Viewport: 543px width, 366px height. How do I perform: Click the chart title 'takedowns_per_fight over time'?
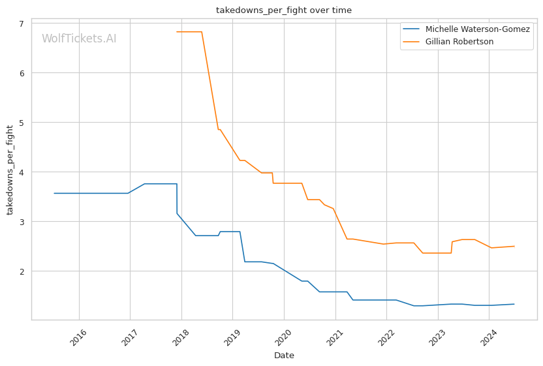284,10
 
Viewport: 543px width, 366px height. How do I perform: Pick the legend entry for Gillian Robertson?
459,42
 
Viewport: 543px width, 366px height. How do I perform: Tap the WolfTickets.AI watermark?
79,38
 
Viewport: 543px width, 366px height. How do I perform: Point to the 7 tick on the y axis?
22,23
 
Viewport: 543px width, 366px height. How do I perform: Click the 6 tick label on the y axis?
22,73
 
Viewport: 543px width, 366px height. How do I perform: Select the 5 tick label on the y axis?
22,123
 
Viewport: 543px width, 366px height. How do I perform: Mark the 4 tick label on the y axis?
22,172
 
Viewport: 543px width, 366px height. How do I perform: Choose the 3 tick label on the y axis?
22,222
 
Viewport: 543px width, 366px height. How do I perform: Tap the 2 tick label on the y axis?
22,271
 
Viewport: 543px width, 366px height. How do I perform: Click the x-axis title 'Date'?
284,356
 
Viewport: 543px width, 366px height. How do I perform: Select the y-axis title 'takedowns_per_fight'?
10,170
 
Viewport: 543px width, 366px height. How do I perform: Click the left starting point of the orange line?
177,32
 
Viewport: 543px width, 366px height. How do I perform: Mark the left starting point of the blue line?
54,193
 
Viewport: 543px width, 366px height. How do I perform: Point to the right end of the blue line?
514,304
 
